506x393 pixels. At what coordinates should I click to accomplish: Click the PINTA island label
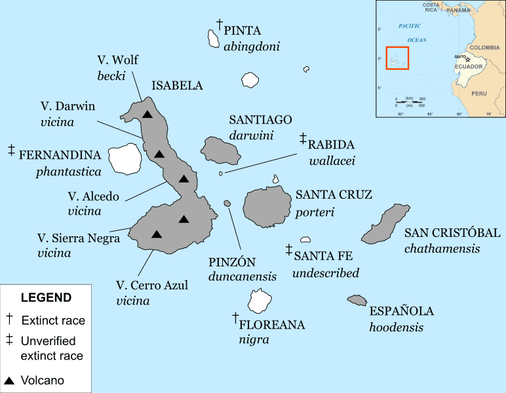point(243,30)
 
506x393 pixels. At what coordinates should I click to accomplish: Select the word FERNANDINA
point(60,155)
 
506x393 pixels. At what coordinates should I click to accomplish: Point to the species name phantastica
point(69,172)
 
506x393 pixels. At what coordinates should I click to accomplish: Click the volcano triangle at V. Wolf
point(147,114)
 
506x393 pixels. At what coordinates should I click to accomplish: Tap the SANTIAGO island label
point(260,120)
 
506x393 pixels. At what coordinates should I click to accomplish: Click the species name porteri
point(315,212)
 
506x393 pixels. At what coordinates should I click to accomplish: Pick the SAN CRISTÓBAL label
point(452,233)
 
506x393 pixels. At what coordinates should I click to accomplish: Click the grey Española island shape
point(357,300)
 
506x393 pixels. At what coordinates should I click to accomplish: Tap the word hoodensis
point(396,327)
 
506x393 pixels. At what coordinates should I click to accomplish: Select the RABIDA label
point(331,144)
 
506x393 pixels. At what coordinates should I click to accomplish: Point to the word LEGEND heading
point(46,297)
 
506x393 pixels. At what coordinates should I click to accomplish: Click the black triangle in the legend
point(9,380)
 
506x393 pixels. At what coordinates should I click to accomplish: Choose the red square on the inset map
point(397,58)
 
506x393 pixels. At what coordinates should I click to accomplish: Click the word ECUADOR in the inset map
point(469,67)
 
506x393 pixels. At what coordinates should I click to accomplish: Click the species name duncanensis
point(243,276)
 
